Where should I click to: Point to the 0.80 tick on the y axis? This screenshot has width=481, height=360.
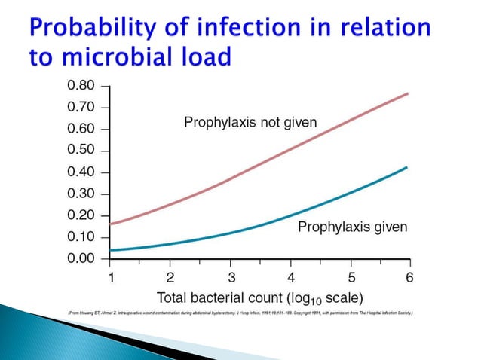pyautogui.click(x=81, y=85)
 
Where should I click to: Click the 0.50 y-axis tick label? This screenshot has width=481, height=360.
pyautogui.click(x=81, y=150)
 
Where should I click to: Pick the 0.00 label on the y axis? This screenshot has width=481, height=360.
pyautogui.click(x=81, y=258)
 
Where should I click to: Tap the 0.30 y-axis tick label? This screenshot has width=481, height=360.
pyautogui.click(x=81, y=194)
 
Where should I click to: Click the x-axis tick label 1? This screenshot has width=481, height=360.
pyautogui.click(x=110, y=276)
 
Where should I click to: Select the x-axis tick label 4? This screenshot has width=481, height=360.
pyautogui.click(x=292, y=276)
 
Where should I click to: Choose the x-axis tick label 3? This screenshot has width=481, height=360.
pyautogui.click(x=231, y=276)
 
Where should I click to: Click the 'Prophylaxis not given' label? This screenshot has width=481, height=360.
pyautogui.click(x=250, y=122)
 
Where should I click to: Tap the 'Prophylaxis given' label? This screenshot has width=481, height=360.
pyautogui.click(x=352, y=227)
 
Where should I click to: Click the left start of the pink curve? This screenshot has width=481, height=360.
pyautogui.click(x=111, y=224)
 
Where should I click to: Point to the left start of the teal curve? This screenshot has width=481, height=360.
pyautogui.click(x=111, y=250)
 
